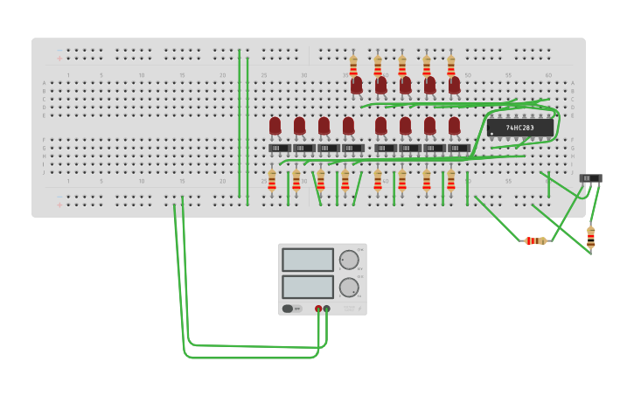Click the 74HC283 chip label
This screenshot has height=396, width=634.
tap(520, 128)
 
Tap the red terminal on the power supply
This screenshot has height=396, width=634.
tap(318, 309)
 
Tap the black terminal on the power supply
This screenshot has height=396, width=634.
tap(327, 309)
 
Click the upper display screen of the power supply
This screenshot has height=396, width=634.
tap(308, 260)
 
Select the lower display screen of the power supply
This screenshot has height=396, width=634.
tap(308, 287)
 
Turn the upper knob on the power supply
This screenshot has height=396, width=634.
tap(348, 260)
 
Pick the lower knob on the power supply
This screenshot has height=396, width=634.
tap(348, 287)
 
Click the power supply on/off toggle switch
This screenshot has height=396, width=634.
tap(288, 309)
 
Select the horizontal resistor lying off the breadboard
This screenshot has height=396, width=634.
tap(535, 240)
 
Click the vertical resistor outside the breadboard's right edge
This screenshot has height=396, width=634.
tap(590, 237)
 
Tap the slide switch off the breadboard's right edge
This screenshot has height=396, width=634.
tap(590, 178)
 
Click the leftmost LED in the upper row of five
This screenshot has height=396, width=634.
tap(357, 85)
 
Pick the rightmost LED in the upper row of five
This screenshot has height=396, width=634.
tap(455, 85)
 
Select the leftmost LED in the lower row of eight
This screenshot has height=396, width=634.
tap(275, 126)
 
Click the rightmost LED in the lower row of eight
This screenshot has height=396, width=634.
tap(455, 126)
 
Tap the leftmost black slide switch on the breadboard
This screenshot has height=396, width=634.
tap(279, 149)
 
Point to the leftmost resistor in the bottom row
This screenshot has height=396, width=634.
tap(272, 180)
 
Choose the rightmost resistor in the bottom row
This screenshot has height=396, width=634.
tap(451, 180)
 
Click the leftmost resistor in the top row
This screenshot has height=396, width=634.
tap(353, 66)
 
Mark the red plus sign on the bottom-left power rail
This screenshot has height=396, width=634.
tap(60, 205)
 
